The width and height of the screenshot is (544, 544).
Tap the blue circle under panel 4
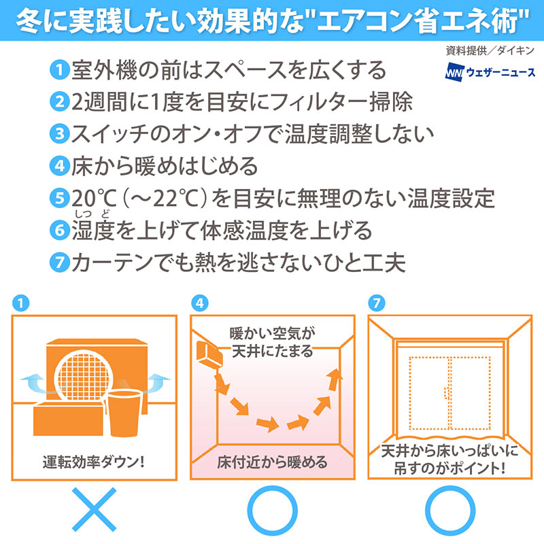pyautogui.click(x=272, y=509)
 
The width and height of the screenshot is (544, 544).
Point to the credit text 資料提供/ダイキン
pyautogui.click(x=490, y=51)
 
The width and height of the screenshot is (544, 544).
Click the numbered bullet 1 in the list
pyautogui.click(x=61, y=69)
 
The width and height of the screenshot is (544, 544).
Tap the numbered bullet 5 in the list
pyautogui.click(x=61, y=199)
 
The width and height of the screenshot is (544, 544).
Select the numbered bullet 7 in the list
pyautogui.click(x=61, y=262)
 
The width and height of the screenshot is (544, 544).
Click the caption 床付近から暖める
pyautogui.click(x=272, y=462)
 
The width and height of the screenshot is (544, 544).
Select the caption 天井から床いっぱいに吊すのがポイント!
pyautogui.click(x=449, y=460)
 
